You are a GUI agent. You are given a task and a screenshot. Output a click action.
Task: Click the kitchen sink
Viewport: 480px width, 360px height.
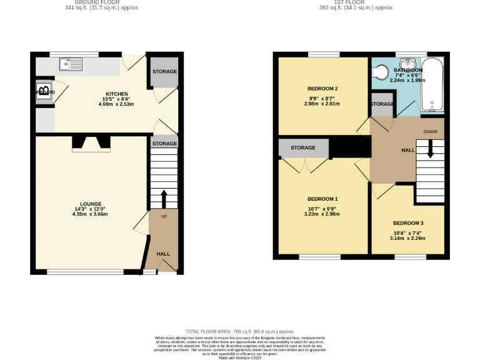click(x=70, y=63)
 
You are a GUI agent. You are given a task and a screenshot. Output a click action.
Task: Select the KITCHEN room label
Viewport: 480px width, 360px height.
click(x=116, y=94)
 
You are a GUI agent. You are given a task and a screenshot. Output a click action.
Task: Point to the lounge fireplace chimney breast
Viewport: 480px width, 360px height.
click(x=91, y=144)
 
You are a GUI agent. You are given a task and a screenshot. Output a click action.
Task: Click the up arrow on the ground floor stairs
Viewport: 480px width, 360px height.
click(x=164, y=199)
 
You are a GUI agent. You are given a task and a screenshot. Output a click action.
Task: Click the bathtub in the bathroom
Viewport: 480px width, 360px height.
click(x=432, y=85)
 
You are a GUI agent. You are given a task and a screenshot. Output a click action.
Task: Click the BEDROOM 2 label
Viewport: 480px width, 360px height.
click(x=322, y=89)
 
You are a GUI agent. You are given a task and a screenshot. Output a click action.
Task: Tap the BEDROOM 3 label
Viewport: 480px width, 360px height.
click(x=408, y=223)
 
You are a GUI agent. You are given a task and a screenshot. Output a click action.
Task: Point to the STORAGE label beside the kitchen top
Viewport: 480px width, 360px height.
click(x=165, y=72)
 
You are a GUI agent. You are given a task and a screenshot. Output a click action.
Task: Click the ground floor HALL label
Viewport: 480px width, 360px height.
click(x=163, y=254)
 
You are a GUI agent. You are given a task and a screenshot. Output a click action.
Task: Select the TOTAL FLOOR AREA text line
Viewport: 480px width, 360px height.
click(x=240, y=331)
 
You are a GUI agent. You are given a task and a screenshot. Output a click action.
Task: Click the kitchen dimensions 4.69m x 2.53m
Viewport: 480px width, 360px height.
click(x=116, y=104)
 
